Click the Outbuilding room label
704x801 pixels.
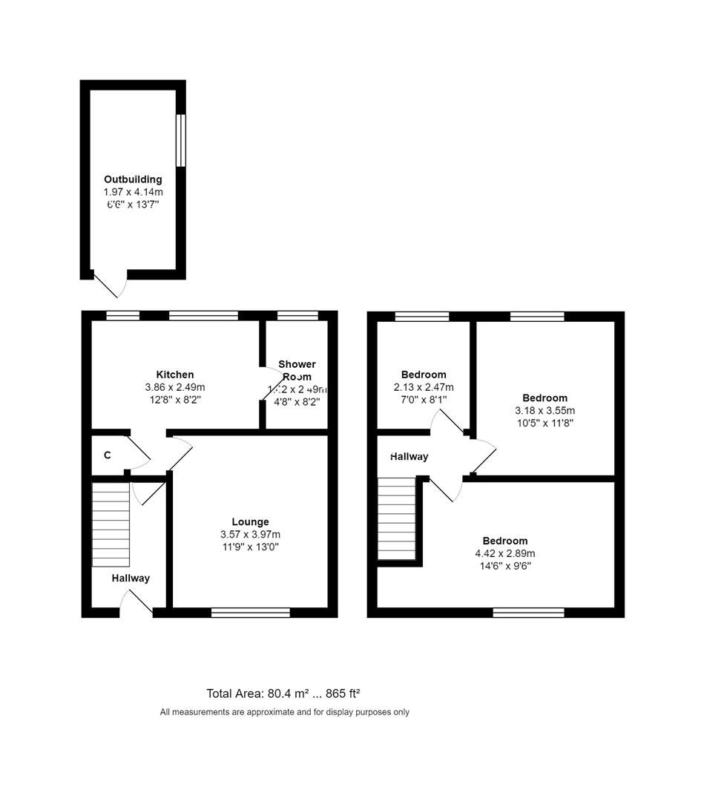click(133, 179)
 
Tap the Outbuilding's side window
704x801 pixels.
click(180, 140)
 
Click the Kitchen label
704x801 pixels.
click(175, 375)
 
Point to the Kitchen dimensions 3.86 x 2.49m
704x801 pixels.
click(175, 387)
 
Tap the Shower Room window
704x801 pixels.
click(297, 316)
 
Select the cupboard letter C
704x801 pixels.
click(108, 455)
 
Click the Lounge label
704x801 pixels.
click(250, 521)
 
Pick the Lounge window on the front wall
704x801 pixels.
click(250, 613)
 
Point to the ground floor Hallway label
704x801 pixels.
click(131, 578)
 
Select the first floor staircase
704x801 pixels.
click(397, 518)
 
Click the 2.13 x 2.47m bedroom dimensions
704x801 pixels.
click(424, 387)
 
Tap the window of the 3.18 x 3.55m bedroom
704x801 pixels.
click(537, 316)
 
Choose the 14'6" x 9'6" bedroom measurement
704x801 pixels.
click(505, 566)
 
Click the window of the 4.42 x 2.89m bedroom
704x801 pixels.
click(528, 613)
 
